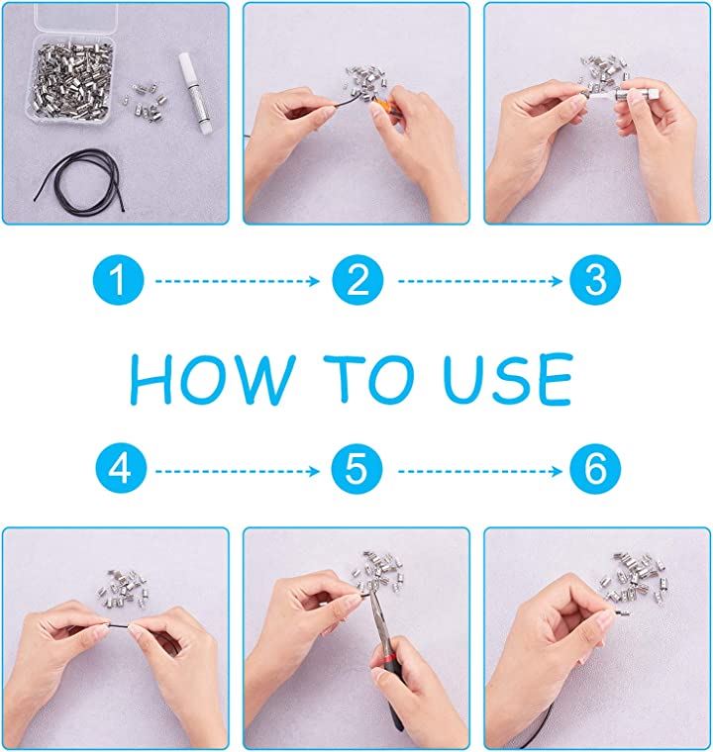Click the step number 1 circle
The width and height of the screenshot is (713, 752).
pos(118,281)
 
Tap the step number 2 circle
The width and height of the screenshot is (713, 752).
pos(357,281)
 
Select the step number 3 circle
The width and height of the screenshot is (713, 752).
pos(595,280)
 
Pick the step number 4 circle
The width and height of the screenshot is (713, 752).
pos(121,468)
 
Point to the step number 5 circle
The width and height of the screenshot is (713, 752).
pos(356,468)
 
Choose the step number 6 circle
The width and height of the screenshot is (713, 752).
pos(595,468)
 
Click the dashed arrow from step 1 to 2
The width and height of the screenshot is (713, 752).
pos(238,281)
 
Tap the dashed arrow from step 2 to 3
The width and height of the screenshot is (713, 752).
pos(480,281)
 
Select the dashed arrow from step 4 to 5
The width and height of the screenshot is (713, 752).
pos(238,471)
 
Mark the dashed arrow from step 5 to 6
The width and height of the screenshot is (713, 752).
pos(480,471)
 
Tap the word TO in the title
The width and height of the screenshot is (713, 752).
pos(368,378)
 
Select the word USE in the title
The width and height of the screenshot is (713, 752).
pos(508,379)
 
